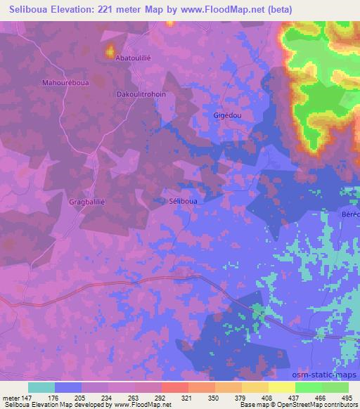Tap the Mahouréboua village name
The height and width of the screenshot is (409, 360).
point(65,82)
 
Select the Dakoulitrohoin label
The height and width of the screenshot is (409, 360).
point(141,93)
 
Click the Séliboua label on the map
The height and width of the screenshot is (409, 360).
point(184,200)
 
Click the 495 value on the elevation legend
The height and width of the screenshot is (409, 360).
point(346,397)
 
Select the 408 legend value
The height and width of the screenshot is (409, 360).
point(267,397)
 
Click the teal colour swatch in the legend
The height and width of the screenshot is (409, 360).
point(41,387)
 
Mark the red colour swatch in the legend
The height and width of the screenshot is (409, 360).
point(174,387)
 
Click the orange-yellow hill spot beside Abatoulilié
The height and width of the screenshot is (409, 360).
point(110,51)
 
